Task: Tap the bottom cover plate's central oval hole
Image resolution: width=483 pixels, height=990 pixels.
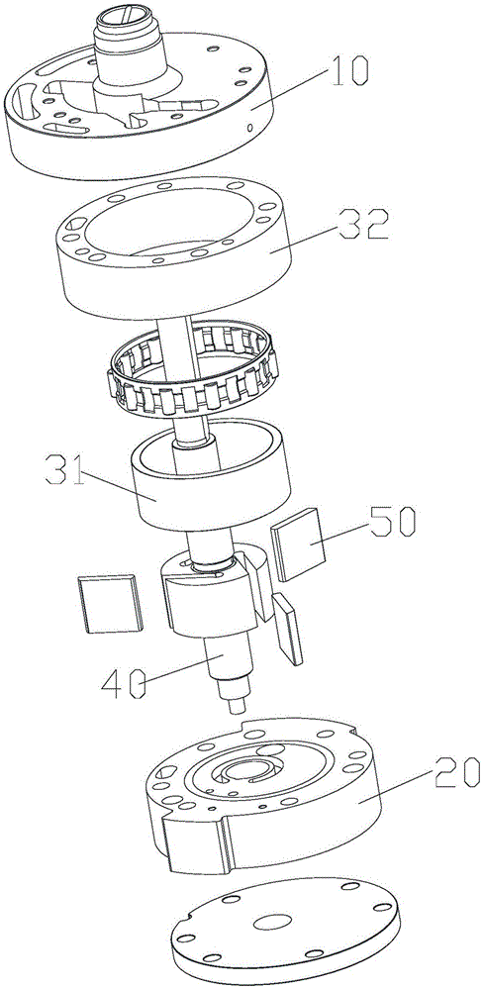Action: click(272, 922)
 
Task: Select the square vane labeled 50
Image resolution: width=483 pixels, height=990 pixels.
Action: click(297, 544)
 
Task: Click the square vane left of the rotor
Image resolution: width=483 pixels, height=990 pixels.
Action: click(111, 603)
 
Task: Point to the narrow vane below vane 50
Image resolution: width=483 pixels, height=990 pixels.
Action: click(287, 628)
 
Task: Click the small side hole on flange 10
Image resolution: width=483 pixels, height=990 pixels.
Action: click(250, 128)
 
